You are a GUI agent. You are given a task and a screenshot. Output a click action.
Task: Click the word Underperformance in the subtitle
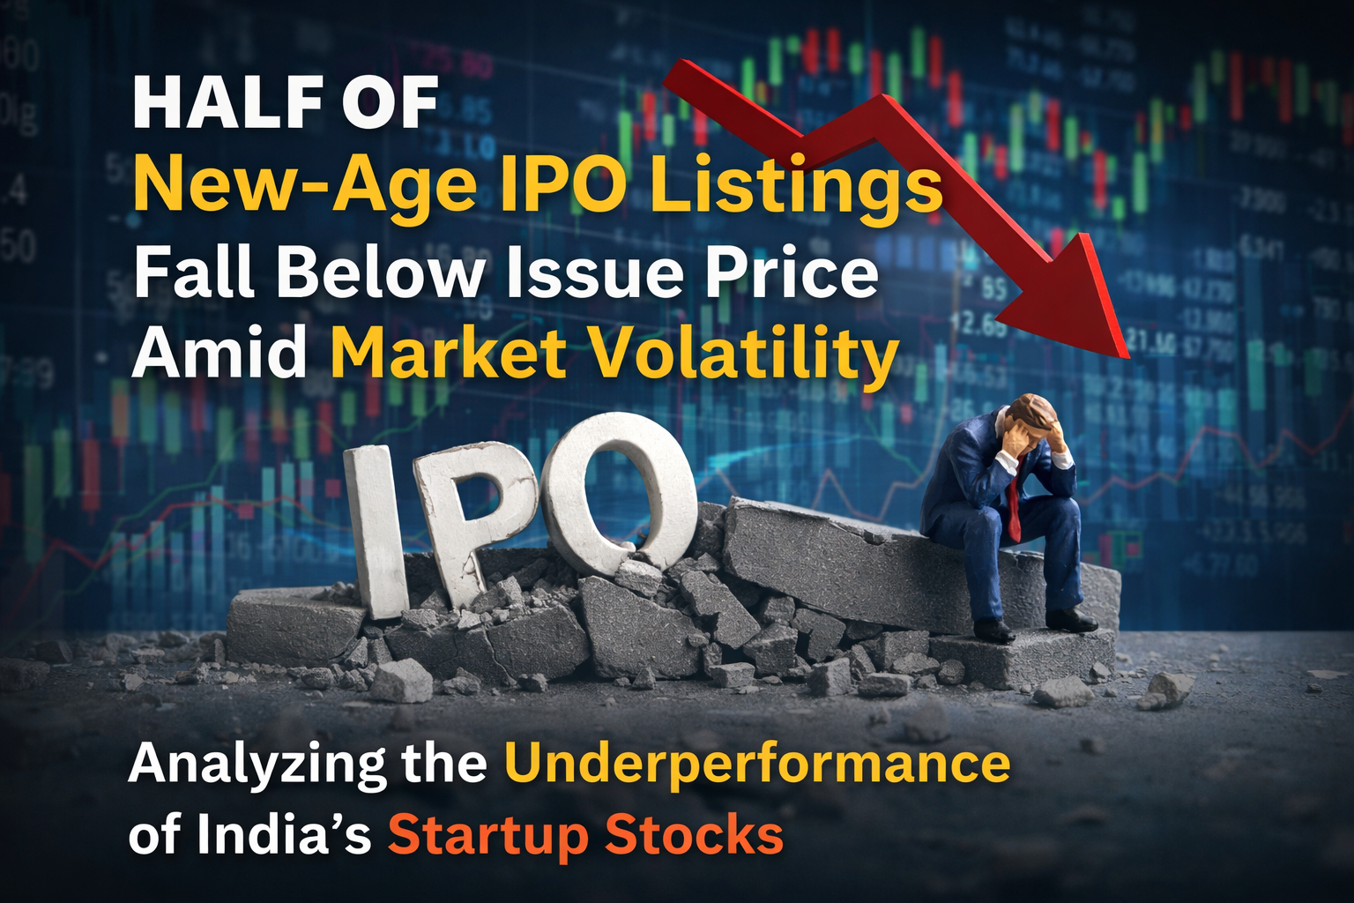click(756, 764)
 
